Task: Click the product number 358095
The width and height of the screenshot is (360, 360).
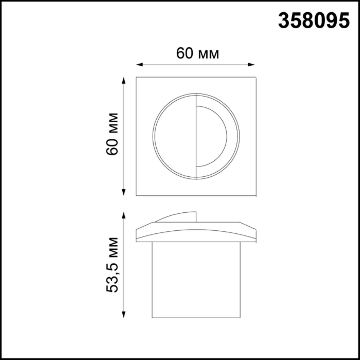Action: [314, 21]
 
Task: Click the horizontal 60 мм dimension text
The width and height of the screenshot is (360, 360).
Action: [197, 53]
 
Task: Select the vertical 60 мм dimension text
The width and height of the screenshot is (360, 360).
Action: [112, 134]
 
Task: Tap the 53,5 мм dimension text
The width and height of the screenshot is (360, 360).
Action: [112, 265]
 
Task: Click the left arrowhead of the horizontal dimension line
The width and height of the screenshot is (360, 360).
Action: [139, 65]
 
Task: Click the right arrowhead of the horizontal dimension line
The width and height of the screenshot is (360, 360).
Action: [252, 65]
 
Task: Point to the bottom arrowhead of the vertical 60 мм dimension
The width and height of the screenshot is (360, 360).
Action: [123, 192]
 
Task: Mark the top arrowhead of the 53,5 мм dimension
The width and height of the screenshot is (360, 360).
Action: [123, 215]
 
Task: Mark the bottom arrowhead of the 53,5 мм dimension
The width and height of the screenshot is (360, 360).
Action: [123, 315]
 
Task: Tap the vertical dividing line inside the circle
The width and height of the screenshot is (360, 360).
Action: [196, 136]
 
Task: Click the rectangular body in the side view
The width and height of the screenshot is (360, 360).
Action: [196, 280]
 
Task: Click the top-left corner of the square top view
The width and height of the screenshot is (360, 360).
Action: [136, 77]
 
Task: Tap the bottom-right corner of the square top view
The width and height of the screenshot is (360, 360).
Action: [256, 195]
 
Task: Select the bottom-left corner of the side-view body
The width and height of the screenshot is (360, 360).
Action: [152, 318]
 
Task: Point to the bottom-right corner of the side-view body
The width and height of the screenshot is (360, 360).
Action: [240, 318]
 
